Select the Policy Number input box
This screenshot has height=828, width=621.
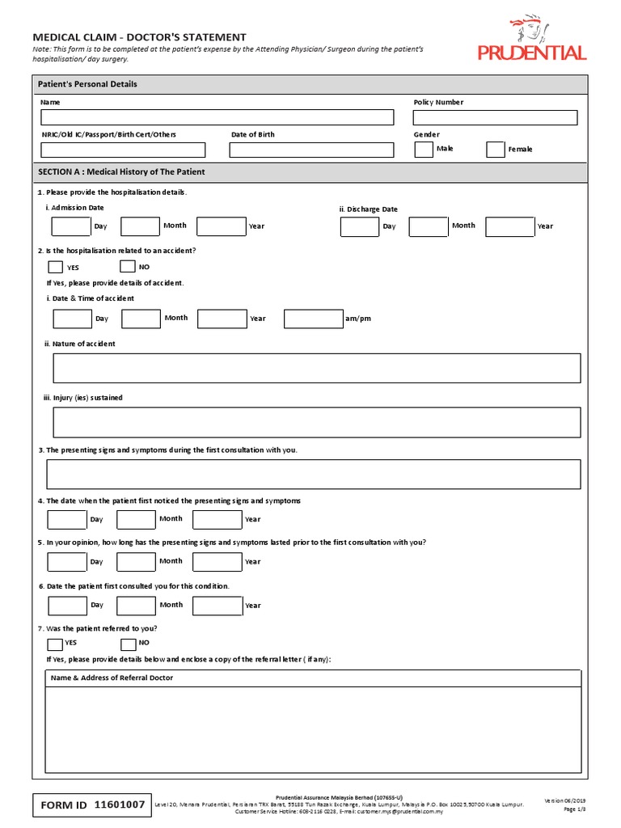coord(495,118)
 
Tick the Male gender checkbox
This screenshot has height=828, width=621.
coord(424,150)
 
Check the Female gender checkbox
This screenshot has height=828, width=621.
coord(496,150)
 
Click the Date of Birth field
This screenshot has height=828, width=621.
coord(311,150)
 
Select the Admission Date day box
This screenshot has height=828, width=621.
coord(71,226)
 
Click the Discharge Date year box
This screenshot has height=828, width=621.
coord(509,226)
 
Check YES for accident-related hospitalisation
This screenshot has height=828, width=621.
coord(55,267)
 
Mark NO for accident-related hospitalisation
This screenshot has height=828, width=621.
coord(127,266)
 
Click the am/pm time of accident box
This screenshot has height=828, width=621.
coord(313,319)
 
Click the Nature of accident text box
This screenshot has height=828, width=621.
coord(316,368)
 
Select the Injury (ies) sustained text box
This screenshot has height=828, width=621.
coord(316,422)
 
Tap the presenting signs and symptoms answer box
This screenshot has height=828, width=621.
coord(314,475)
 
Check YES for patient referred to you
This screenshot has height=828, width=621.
coord(54,644)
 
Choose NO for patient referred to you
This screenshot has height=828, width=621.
coord(128,644)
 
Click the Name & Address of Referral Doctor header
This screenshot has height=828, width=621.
coord(112,678)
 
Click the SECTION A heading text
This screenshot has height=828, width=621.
coord(121,172)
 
